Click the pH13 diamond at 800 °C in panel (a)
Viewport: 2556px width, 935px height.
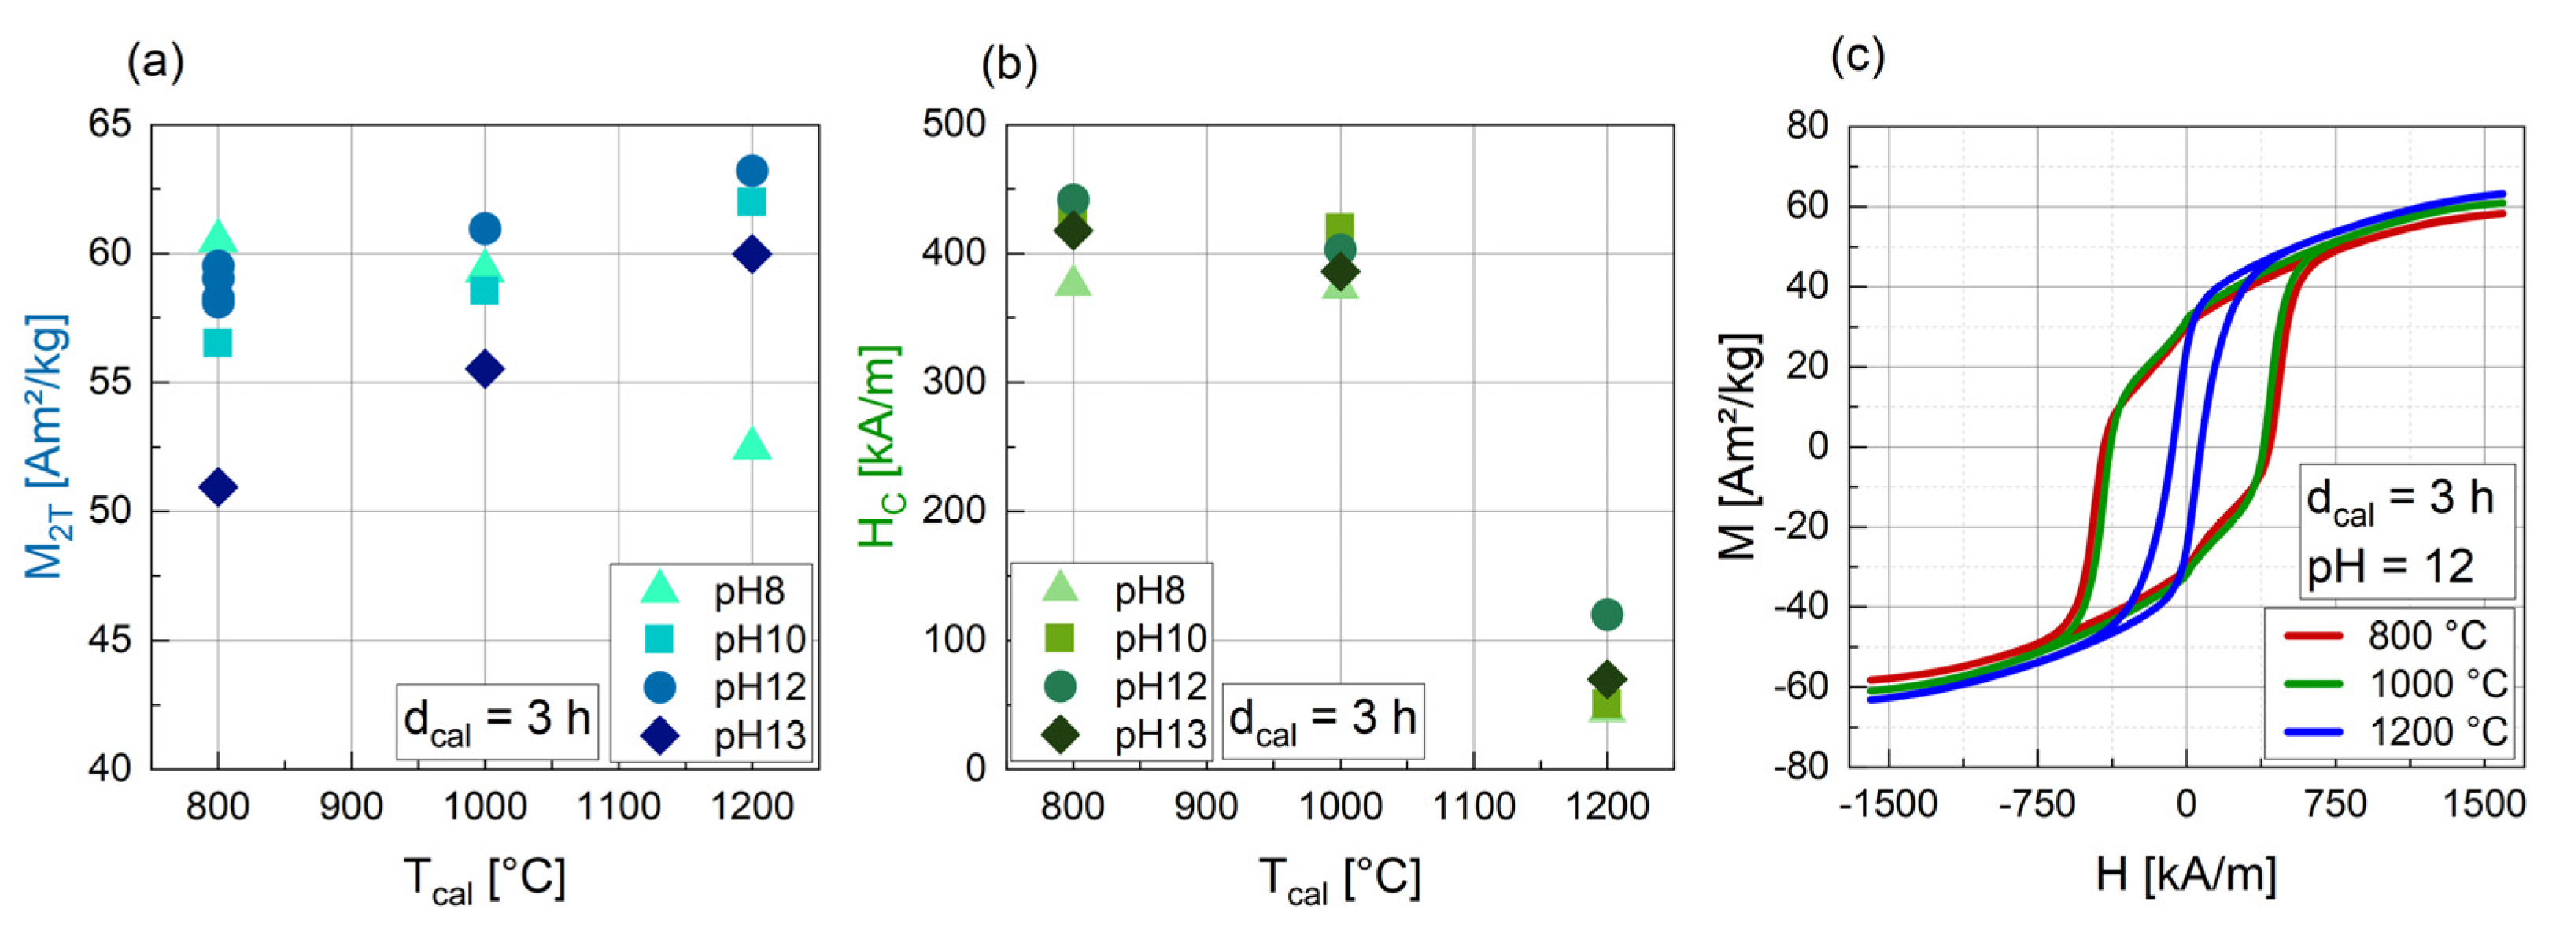(217, 486)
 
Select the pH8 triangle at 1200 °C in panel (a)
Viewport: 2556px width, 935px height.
(751, 445)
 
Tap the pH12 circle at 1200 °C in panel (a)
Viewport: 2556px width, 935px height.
(751, 171)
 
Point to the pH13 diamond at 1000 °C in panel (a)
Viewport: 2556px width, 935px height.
(484, 370)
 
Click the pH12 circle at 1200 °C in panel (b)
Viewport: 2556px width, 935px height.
(1606, 615)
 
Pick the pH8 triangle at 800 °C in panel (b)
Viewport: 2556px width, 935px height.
(1073, 282)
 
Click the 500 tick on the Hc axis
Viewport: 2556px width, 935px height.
(954, 125)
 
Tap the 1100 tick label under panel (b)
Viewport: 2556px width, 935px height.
(1473, 806)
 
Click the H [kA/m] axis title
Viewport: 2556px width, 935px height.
(2186, 874)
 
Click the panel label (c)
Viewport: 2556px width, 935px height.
(1856, 57)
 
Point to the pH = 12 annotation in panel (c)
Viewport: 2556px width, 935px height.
(2389, 567)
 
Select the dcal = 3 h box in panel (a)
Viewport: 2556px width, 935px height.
(497, 719)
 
